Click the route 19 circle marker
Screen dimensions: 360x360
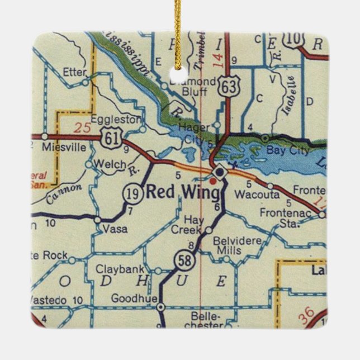point(130,193)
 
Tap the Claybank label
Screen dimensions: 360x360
point(116,269)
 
